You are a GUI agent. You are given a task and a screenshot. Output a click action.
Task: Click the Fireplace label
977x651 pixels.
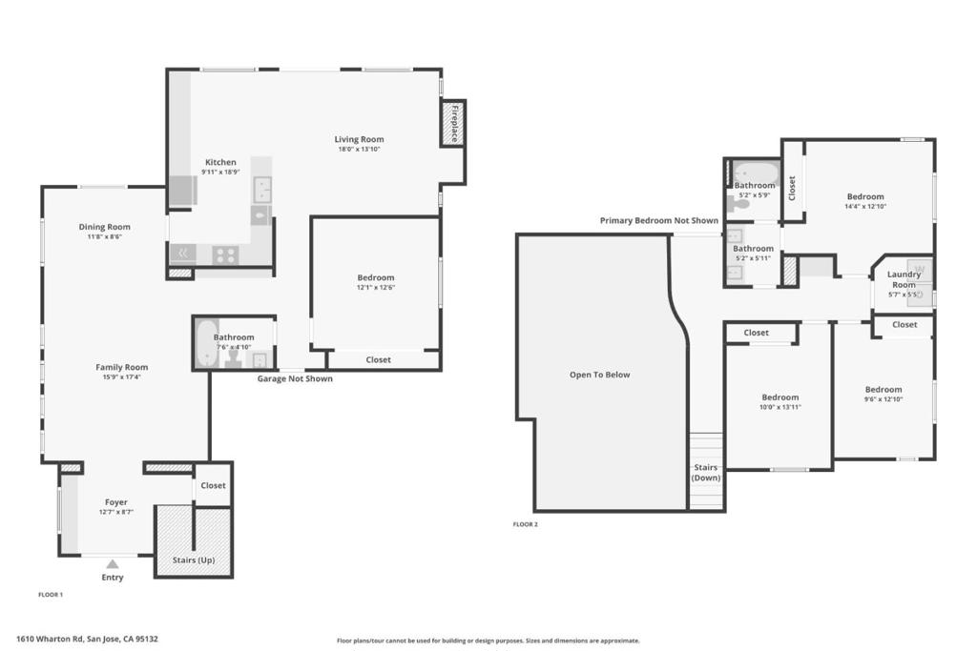[x=454, y=123]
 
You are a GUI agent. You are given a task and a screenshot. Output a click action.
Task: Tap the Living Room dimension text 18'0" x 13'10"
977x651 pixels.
[x=359, y=150]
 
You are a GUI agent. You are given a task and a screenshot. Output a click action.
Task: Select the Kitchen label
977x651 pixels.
[x=220, y=162]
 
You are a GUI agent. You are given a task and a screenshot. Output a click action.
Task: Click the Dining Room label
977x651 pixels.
[x=104, y=227]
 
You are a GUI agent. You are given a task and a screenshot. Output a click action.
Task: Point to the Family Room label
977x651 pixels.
[x=121, y=367]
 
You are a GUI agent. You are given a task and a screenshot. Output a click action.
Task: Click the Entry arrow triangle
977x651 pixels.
[x=113, y=564]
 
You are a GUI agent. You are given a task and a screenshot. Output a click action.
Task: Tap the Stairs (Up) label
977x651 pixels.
[x=194, y=560]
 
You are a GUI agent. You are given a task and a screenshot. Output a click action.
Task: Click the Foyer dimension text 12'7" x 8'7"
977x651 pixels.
[x=115, y=512]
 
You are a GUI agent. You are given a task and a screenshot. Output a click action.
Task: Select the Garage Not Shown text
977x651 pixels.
[x=295, y=378]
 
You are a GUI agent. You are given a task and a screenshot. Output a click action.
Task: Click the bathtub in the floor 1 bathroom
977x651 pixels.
[x=207, y=343]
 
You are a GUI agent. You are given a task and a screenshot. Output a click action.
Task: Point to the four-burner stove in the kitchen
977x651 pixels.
[x=225, y=254]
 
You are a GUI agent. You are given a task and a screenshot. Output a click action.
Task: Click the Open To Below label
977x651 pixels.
[x=599, y=375]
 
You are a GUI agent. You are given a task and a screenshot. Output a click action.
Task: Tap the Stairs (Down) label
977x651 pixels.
[x=706, y=473]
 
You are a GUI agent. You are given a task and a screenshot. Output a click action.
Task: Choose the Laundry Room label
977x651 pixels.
[x=904, y=279]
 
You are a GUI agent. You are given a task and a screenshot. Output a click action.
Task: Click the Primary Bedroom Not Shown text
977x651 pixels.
[x=658, y=220]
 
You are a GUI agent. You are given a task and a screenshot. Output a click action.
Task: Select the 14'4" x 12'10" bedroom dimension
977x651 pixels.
[x=864, y=207]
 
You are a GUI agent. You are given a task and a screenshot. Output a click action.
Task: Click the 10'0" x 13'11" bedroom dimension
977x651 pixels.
[x=780, y=407]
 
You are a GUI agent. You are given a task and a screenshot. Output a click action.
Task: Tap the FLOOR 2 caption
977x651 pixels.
[x=526, y=524]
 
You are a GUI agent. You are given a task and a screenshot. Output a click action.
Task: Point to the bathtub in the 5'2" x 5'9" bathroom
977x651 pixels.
[x=757, y=172]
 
